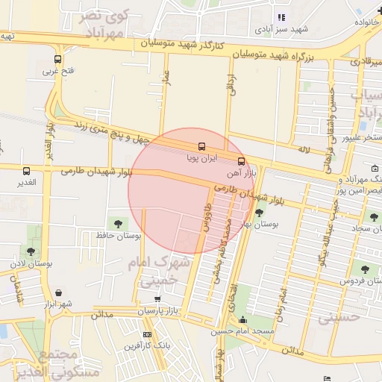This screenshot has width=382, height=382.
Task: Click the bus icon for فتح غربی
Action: [58, 60]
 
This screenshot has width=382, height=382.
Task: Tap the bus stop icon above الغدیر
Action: [27, 171]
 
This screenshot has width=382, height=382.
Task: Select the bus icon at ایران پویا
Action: [201, 147]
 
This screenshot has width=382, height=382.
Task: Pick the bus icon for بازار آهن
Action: [240, 161]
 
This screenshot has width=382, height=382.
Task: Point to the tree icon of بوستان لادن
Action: [31, 251]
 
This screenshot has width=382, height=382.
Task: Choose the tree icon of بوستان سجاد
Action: [374, 217]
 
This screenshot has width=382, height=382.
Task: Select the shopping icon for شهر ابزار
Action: [57, 292]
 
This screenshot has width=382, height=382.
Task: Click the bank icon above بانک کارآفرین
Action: [147, 334]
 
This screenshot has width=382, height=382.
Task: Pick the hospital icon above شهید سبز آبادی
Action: [281, 18]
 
